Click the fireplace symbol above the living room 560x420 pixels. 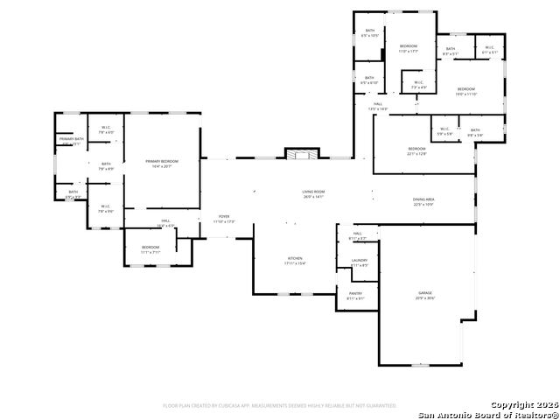299,155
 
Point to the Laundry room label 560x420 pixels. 359,262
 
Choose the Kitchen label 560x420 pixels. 296,260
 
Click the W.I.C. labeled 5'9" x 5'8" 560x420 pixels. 445,132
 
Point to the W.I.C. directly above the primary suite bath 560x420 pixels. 106,129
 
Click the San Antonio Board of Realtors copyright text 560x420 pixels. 488,410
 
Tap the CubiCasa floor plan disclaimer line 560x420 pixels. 280,405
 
